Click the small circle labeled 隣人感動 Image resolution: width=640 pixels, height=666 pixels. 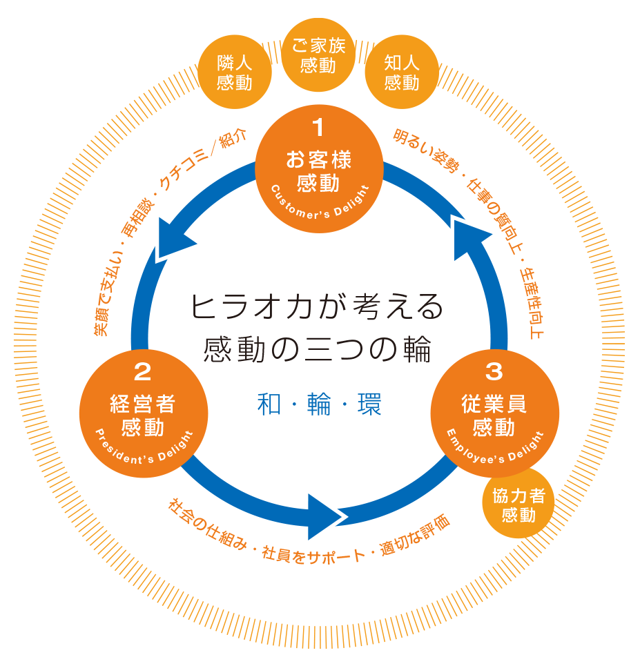point(234,73)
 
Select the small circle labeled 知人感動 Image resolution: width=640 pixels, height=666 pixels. point(402,73)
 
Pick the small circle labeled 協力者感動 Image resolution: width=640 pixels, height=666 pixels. point(518,505)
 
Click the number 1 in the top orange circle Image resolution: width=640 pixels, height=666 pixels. point(318,128)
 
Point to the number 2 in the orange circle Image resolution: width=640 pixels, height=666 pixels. point(142,372)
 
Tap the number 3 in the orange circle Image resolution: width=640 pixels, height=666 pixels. point(494,372)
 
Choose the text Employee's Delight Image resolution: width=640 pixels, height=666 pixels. point(494,448)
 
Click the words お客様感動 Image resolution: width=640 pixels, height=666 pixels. point(318,171)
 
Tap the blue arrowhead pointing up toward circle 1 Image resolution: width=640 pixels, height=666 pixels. point(470,231)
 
